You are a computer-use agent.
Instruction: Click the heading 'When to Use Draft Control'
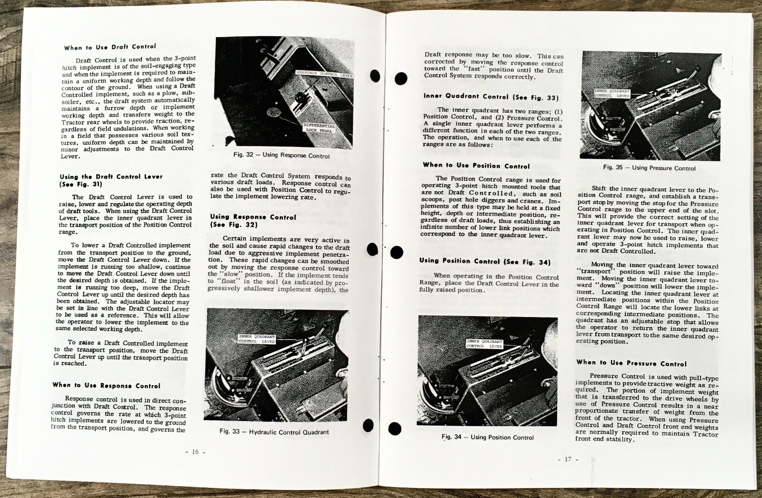tap(110, 47)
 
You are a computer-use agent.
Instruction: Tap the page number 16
tap(195, 452)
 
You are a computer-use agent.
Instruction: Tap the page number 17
tap(567, 459)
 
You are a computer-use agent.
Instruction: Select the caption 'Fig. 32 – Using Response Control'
tap(281, 155)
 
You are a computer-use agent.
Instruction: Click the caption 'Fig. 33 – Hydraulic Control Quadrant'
tap(274, 432)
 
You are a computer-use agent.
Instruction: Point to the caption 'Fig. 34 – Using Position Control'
tap(487, 437)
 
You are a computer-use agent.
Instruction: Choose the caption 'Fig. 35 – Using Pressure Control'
tap(649, 168)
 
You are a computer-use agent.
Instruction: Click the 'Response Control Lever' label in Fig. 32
tap(324, 74)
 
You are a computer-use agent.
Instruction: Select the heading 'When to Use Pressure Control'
tap(631, 363)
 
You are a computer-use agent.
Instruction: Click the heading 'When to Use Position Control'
tap(476, 166)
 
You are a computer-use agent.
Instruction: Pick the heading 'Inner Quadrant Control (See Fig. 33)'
tap(491, 97)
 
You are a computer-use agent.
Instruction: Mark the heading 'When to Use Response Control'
tap(106, 386)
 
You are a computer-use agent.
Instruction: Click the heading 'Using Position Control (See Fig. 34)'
tap(485, 261)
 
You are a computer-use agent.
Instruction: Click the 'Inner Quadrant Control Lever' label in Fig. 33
tap(257, 339)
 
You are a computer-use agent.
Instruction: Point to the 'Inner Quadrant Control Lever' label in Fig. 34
tap(484, 344)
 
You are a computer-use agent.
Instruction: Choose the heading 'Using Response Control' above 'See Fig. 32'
tap(253, 217)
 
